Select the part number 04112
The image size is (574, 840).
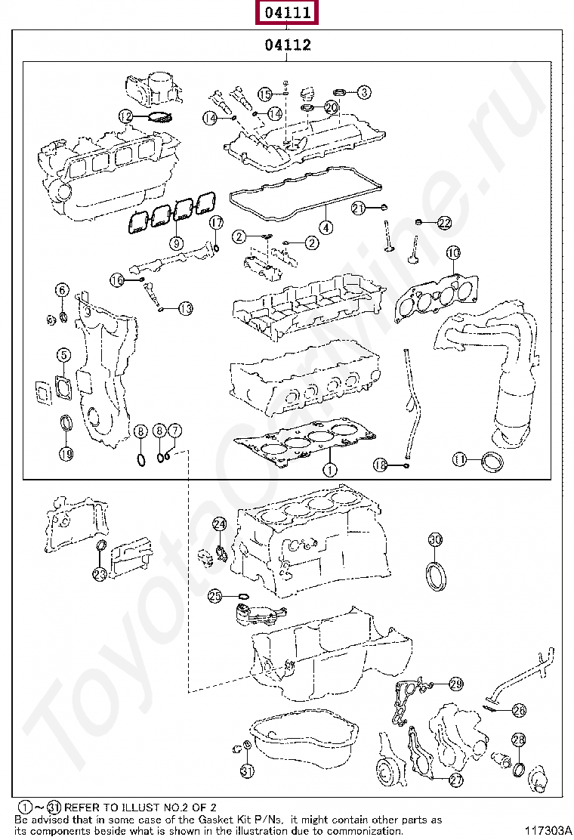tap(287, 45)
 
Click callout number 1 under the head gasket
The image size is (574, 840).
tap(329, 470)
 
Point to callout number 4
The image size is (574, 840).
tap(325, 227)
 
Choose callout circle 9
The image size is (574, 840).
tap(177, 243)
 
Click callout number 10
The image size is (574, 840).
tap(452, 252)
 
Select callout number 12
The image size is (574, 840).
tap(126, 116)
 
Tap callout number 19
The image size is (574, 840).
tap(66, 454)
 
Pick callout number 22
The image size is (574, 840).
tap(444, 223)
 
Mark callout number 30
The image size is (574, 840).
tap(435, 539)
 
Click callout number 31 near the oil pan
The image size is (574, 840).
tap(247, 771)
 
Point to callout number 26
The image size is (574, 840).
tap(518, 710)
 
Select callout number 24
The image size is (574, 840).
tap(219, 523)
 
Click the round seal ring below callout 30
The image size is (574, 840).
tap(436, 573)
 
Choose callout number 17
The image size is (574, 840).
tap(216, 223)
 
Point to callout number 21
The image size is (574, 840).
tap(359, 207)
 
